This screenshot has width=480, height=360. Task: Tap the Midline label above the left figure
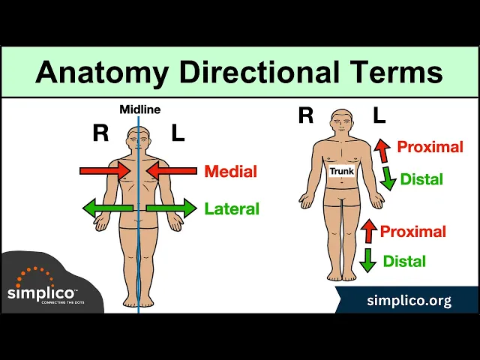(x=139, y=109)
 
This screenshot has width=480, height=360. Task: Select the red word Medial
(x=230, y=172)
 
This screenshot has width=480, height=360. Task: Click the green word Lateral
(x=232, y=209)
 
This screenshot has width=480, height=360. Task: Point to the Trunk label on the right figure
(x=342, y=171)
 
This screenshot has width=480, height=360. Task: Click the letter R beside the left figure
(x=100, y=133)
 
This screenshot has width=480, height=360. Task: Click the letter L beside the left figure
(x=178, y=133)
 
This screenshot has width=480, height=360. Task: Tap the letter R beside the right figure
(x=306, y=115)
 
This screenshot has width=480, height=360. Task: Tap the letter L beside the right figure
(x=379, y=115)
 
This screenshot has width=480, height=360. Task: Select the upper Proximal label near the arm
(x=430, y=147)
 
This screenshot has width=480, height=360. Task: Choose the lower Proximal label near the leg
(x=413, y=232)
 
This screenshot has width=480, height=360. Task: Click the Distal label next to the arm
(x=421, y=180)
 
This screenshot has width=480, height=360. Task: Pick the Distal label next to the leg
(x=404, y=262)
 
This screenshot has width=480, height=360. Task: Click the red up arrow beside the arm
(x=382, y=149)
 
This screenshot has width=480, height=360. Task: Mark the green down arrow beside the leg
(x=367, y=259)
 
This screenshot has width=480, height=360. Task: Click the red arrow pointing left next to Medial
(x=171, y=172)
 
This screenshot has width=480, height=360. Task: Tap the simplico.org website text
(x=409, y=301)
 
